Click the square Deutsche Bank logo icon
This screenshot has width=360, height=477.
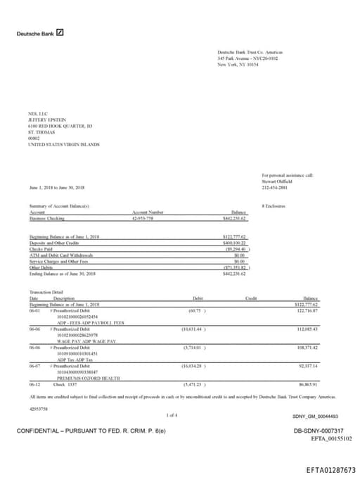(x=60, y=32)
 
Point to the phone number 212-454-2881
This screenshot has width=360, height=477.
(x=276, y=188)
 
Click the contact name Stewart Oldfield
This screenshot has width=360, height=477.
(x=277, y=182)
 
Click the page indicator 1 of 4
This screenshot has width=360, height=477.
(x=172, y=416)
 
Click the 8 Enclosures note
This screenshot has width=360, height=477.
(x=273, y=205)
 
